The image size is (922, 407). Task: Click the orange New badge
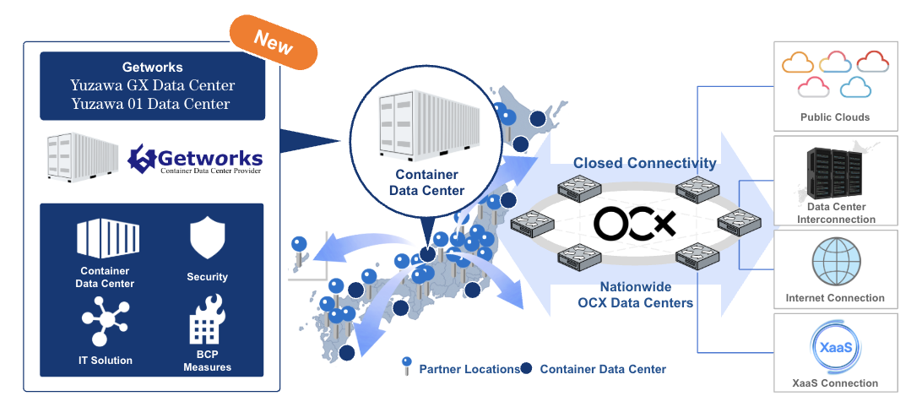pyautogui.click(x=274, y=42)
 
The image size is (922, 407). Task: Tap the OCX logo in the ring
pyautogui.click(x=634, y=224)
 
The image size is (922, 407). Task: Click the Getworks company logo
pyautogui.click(x=195, y=160)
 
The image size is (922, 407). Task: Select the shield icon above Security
pyautogui.click(x=207, y=239)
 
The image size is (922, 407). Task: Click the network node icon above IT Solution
pyautogui.click(x=106, y=321)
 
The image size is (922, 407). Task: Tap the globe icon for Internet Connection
pyautogui.click(x=836, y=262)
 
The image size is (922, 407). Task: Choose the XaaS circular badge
pyautogui.click(x=836, y=347)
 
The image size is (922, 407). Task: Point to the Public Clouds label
pyautogui.click(x=835, y=117)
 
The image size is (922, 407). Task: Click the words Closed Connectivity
pyautogui.click(x=645, y=163)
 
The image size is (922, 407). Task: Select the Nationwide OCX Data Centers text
pyautogui.click(x=635, y=296)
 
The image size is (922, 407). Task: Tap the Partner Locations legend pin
pyautogui.click(x=406, y=366)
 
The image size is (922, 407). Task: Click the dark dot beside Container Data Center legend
pyautogui.click(x=526, y=368)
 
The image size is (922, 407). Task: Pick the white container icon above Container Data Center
pyautogui.click(x=108, y=239)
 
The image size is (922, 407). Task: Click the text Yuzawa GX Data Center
pyautogui.click(x=152, y=86)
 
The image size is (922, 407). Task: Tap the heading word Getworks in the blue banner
pyautogui.click(x=152, y=67)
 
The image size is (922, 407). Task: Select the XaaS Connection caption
pyautogui.click(x=835, y=383)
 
